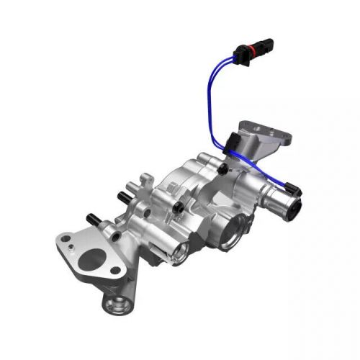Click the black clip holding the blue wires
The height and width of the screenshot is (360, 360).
click(233, 144)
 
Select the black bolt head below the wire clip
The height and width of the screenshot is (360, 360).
click(225, 169)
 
